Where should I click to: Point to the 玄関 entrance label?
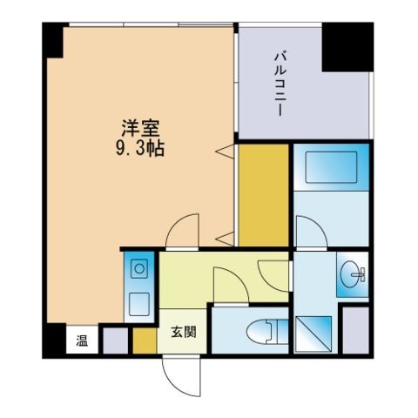tap(183, 332)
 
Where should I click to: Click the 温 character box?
tap(81, 340)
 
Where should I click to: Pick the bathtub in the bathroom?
tap(327, 167)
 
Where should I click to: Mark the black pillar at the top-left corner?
tap(52, 39)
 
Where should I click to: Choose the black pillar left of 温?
tap(54, 339)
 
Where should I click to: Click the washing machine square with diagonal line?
tap(313, 334)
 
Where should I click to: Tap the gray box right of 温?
tap(113, 340)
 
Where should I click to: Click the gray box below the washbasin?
tap(354, 330)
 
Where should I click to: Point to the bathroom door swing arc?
tap(308, 233)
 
